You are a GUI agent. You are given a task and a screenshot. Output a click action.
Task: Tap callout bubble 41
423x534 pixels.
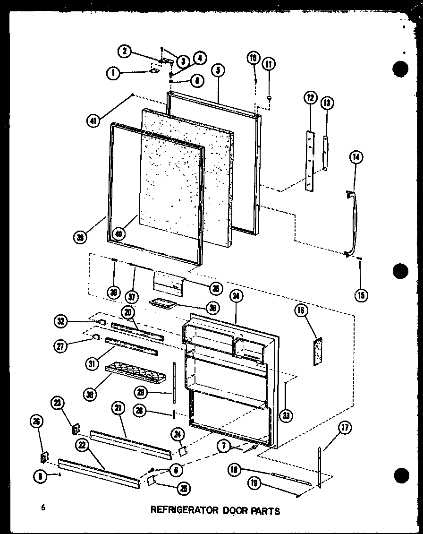coord(95,121)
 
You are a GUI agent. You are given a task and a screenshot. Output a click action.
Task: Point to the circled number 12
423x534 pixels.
coord(310,98)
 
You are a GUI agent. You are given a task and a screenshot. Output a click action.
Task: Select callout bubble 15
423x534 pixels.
coord(361,296)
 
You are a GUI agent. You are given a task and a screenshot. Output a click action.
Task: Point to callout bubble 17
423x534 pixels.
coord(345,429)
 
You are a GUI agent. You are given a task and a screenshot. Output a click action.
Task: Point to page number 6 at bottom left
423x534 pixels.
coord(43,508)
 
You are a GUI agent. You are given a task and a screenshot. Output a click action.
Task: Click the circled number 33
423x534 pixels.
coord(286,415)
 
